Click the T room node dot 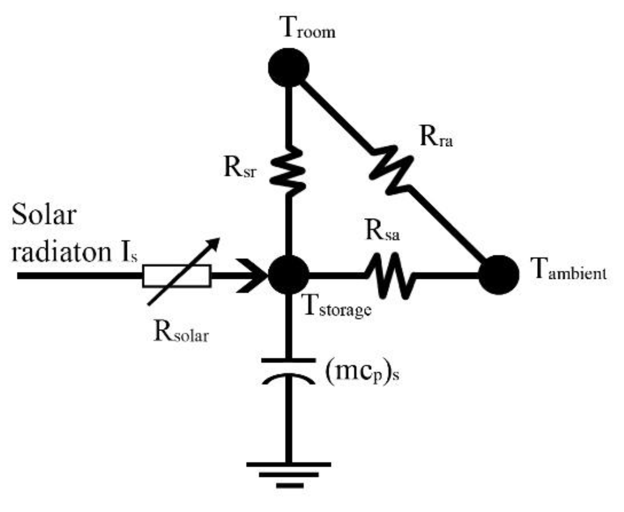tap(289, 67)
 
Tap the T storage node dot tap(289, 275)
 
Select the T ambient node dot tap(499, 275)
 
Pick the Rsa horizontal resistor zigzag tap(389, 275)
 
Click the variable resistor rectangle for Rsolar tap(176, 276)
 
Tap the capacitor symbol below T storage tap(288, 371)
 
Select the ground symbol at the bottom tap(289, 474)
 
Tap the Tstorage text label tap(337, 306)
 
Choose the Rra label tap(436, 136)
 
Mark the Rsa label tap(382, 230)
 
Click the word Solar tap(44, 214)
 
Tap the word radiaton tap(61, 252)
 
